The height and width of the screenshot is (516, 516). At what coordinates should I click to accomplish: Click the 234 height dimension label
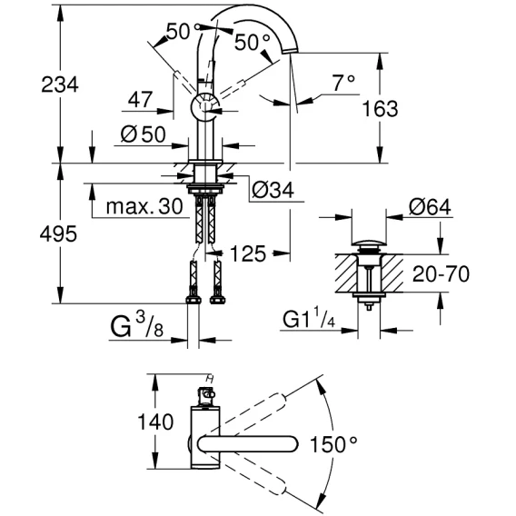(60, 84)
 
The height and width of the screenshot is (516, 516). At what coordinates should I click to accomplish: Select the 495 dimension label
(58, 234)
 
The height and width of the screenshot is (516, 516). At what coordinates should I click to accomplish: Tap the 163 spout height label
(380, 109)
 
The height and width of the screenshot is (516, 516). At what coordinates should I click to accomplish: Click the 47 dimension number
(141, 99)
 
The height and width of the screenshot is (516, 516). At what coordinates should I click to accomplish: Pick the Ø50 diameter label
(144, 134)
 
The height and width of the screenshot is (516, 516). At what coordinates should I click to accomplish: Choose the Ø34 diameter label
(273, 190)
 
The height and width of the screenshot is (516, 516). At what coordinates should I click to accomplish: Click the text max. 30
(144, 206)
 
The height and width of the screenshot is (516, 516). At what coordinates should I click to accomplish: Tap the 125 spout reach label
(247, 253)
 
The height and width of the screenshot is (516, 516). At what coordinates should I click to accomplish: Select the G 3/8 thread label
(137, 324)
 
